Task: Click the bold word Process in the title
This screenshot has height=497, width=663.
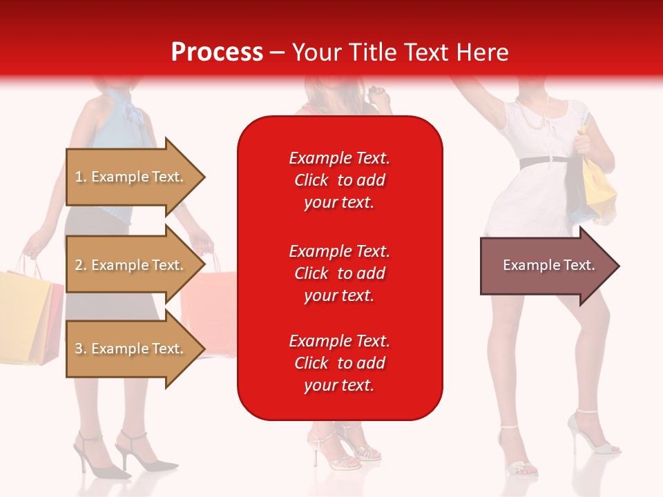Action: [217, 52]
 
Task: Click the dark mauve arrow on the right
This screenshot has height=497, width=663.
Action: [546, 266]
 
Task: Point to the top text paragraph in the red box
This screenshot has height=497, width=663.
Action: [339, 180]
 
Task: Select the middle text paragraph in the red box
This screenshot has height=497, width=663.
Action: [339, 273]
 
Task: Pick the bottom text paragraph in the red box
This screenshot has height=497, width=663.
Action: [339, 362]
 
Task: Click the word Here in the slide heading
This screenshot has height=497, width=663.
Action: [483, 52]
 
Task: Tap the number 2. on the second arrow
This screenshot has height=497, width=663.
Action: [81, 265]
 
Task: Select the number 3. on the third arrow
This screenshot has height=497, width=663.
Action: [81, 349]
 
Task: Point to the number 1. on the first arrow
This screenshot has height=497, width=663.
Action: [81, 177]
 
